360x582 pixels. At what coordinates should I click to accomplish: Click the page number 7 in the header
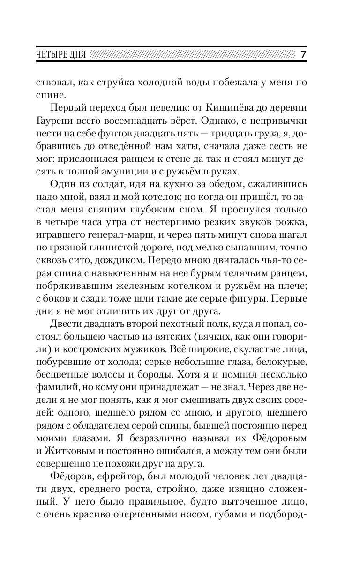click(303, 54)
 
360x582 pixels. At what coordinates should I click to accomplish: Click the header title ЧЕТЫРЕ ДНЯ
click(61, 55)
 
